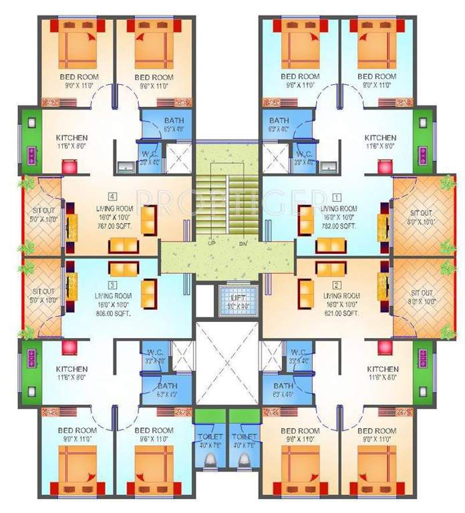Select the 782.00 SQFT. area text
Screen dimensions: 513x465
(x=337, y=226)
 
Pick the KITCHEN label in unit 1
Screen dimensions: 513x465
(x=380, y=138)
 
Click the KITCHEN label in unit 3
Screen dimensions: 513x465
(x=72, y=369)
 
